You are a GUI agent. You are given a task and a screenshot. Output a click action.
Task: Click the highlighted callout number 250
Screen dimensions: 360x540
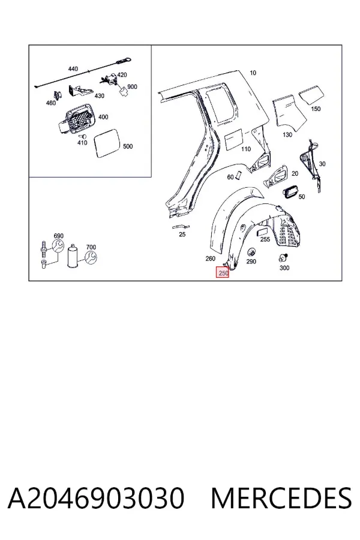pyautogui.click(x=223, y=272)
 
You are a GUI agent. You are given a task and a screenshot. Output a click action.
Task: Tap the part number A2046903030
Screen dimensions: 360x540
pyautogui.click(x=96, y=498)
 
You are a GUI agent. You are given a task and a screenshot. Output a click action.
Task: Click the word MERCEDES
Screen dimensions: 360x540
pyautogui.click(x=281, y=498)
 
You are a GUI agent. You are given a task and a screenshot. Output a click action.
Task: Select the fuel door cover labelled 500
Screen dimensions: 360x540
pyautogui.click(x=107, y=143)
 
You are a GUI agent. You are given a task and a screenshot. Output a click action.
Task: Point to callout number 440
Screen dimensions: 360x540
pyautogui.click(x=73, y=69)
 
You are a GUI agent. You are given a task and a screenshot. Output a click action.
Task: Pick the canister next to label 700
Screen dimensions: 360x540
pyautogui.click(x=73, y=256)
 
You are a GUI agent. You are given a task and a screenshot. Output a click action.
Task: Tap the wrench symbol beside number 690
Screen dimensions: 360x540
pyautogui.click(x=57, y=245)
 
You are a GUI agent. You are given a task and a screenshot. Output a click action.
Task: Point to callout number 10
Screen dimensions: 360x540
pyautogui.click(x=253, y=73)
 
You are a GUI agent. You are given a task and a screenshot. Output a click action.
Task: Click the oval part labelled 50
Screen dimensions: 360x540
pyautogui.click(x=289, y=191)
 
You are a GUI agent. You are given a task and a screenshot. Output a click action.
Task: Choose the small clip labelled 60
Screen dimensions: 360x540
pyautogui.click(x=239, y=175)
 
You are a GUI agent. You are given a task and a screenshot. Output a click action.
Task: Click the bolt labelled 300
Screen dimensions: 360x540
pyautogui.click(x=284, y=257)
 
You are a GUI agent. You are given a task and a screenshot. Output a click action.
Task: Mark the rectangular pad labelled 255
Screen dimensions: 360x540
pyautogui.click(x=263, y=231)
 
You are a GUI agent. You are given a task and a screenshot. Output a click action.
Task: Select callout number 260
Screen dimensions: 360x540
pyautogui.click(x=210, y=258)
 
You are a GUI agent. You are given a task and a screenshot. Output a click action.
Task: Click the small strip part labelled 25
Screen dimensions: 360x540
pyautogui.click(x=181, y=227)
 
